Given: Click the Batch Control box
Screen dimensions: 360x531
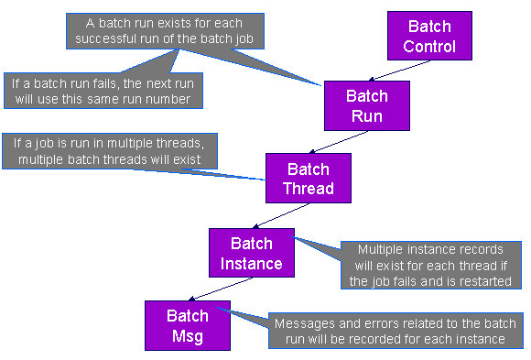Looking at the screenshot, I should click(429, 36).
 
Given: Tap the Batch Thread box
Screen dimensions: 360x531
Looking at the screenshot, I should click(308, 179).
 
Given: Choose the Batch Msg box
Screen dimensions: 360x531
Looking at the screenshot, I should click(186, 324).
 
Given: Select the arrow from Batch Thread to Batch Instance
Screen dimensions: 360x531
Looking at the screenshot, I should click(278, 216).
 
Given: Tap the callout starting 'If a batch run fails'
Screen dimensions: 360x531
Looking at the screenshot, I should click(103, 90).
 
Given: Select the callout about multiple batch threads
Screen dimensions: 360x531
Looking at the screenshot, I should click(114, 152).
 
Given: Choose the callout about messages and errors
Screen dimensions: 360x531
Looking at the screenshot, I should click(396, 332).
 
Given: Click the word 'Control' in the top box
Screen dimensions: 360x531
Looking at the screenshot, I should click(429, 46).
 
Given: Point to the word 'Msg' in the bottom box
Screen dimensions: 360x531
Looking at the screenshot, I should click(186, 334).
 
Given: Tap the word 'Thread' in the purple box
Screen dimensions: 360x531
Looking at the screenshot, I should click(309, 189).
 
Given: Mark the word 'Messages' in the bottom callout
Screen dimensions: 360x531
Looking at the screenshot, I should click(305, 324).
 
